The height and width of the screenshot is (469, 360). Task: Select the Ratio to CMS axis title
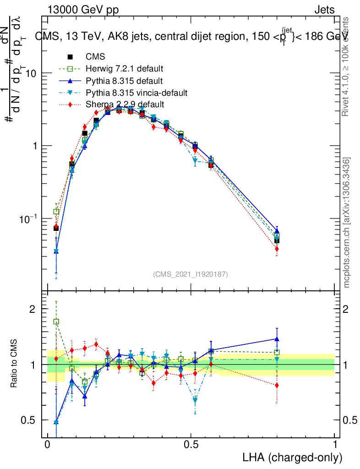(14, 364)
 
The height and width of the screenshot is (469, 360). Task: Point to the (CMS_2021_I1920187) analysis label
(191, 274)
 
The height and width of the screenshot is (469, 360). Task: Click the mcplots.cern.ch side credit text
(347, 223)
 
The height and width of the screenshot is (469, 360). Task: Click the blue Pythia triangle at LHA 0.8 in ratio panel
(277, 339)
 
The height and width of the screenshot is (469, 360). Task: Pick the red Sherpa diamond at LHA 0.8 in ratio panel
(277, 385)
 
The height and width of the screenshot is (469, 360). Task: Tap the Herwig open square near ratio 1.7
(56, 322)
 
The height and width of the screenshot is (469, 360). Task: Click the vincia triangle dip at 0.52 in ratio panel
(196, 400)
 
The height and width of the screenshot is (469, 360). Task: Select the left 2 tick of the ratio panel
(33, 309)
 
